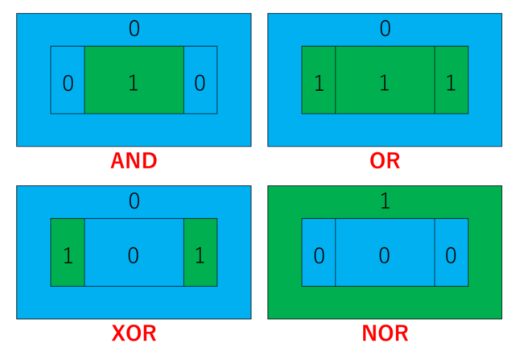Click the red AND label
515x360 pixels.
click(134, 161)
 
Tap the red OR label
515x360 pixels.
click(385, 161)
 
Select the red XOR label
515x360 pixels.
click(134, 333)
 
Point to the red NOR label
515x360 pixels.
click(385, 333)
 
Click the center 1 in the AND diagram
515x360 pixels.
click(134, 82)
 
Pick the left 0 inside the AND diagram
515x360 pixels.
click(68, 83)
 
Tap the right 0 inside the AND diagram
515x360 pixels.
click(200, 83)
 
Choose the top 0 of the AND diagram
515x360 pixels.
click(134, 28)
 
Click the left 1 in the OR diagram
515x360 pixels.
click(319, 83)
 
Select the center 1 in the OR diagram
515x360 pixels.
click(385, 82)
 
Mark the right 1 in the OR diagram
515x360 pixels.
click(451, 83)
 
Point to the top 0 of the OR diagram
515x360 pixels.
click(385, 28)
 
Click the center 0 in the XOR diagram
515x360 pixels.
click(133, 255)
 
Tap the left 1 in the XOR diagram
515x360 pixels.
click(68, 255)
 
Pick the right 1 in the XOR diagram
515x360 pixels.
click(200, 255)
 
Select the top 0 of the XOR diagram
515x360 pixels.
click(134, 201)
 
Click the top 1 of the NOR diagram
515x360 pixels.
click(385, 201)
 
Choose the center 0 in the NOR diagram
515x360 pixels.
click(385, 255)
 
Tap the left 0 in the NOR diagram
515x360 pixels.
click(319, 255)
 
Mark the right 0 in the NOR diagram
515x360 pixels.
click(451, 255)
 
